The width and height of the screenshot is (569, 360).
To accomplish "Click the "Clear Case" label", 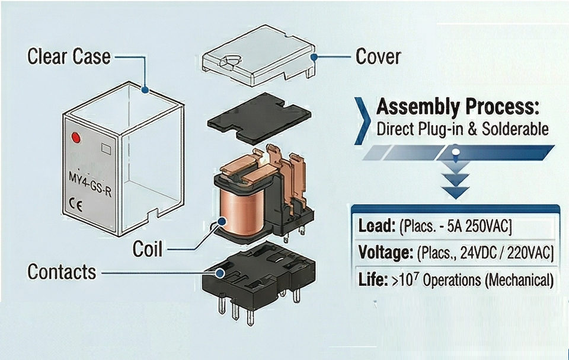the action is tap(69, 57).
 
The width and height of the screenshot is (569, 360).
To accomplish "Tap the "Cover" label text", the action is tap(378, 57).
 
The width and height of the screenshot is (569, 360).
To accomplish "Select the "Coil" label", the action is tap(147, 249).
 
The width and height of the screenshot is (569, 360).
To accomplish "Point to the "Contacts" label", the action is tap(62, 272).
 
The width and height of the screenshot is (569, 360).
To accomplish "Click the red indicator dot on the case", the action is tap(75, 138).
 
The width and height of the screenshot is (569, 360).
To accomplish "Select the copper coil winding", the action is tap(239, 211).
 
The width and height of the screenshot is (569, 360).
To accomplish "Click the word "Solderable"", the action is tap(514, 129).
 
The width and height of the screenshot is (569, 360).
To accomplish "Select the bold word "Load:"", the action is tap(377, 226).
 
